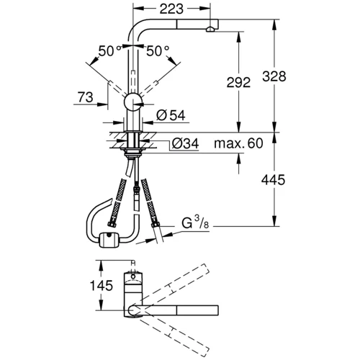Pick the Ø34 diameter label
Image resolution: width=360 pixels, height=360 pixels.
(185, 144)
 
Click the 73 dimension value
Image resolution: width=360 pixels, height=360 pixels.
(85, 96)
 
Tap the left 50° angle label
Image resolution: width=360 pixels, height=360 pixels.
(109, 52)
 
